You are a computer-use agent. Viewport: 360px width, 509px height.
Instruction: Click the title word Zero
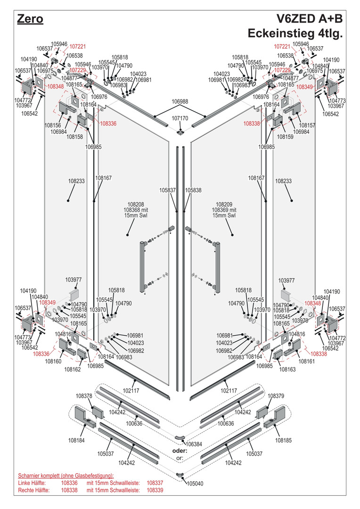[x=30, y=19]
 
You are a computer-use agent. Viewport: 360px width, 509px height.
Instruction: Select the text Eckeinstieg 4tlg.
[x=295, y=34]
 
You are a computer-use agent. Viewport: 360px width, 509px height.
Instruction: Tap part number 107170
[x=180, y=118]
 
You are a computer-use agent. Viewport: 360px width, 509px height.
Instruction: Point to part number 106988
[x=180, y=101]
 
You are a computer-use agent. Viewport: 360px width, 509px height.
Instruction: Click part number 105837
[x=167, y=190]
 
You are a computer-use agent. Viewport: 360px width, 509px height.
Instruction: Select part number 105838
[x=193, y=190]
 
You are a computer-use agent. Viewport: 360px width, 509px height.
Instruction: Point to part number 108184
[x=76, y=441]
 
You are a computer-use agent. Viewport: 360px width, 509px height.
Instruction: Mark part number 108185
[x=284, y=441]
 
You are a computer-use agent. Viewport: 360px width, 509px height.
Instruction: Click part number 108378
[x=84, y=396]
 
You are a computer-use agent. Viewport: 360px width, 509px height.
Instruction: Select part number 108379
[x=276, y=396]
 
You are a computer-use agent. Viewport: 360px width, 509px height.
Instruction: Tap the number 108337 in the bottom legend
[x=155, y=483]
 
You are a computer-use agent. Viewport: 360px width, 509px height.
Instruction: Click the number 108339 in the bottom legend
[x=155, y=491]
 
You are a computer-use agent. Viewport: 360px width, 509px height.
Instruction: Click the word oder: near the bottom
[x=180, y=451]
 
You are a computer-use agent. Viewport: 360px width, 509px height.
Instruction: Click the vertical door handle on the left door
[x=142, y=267]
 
